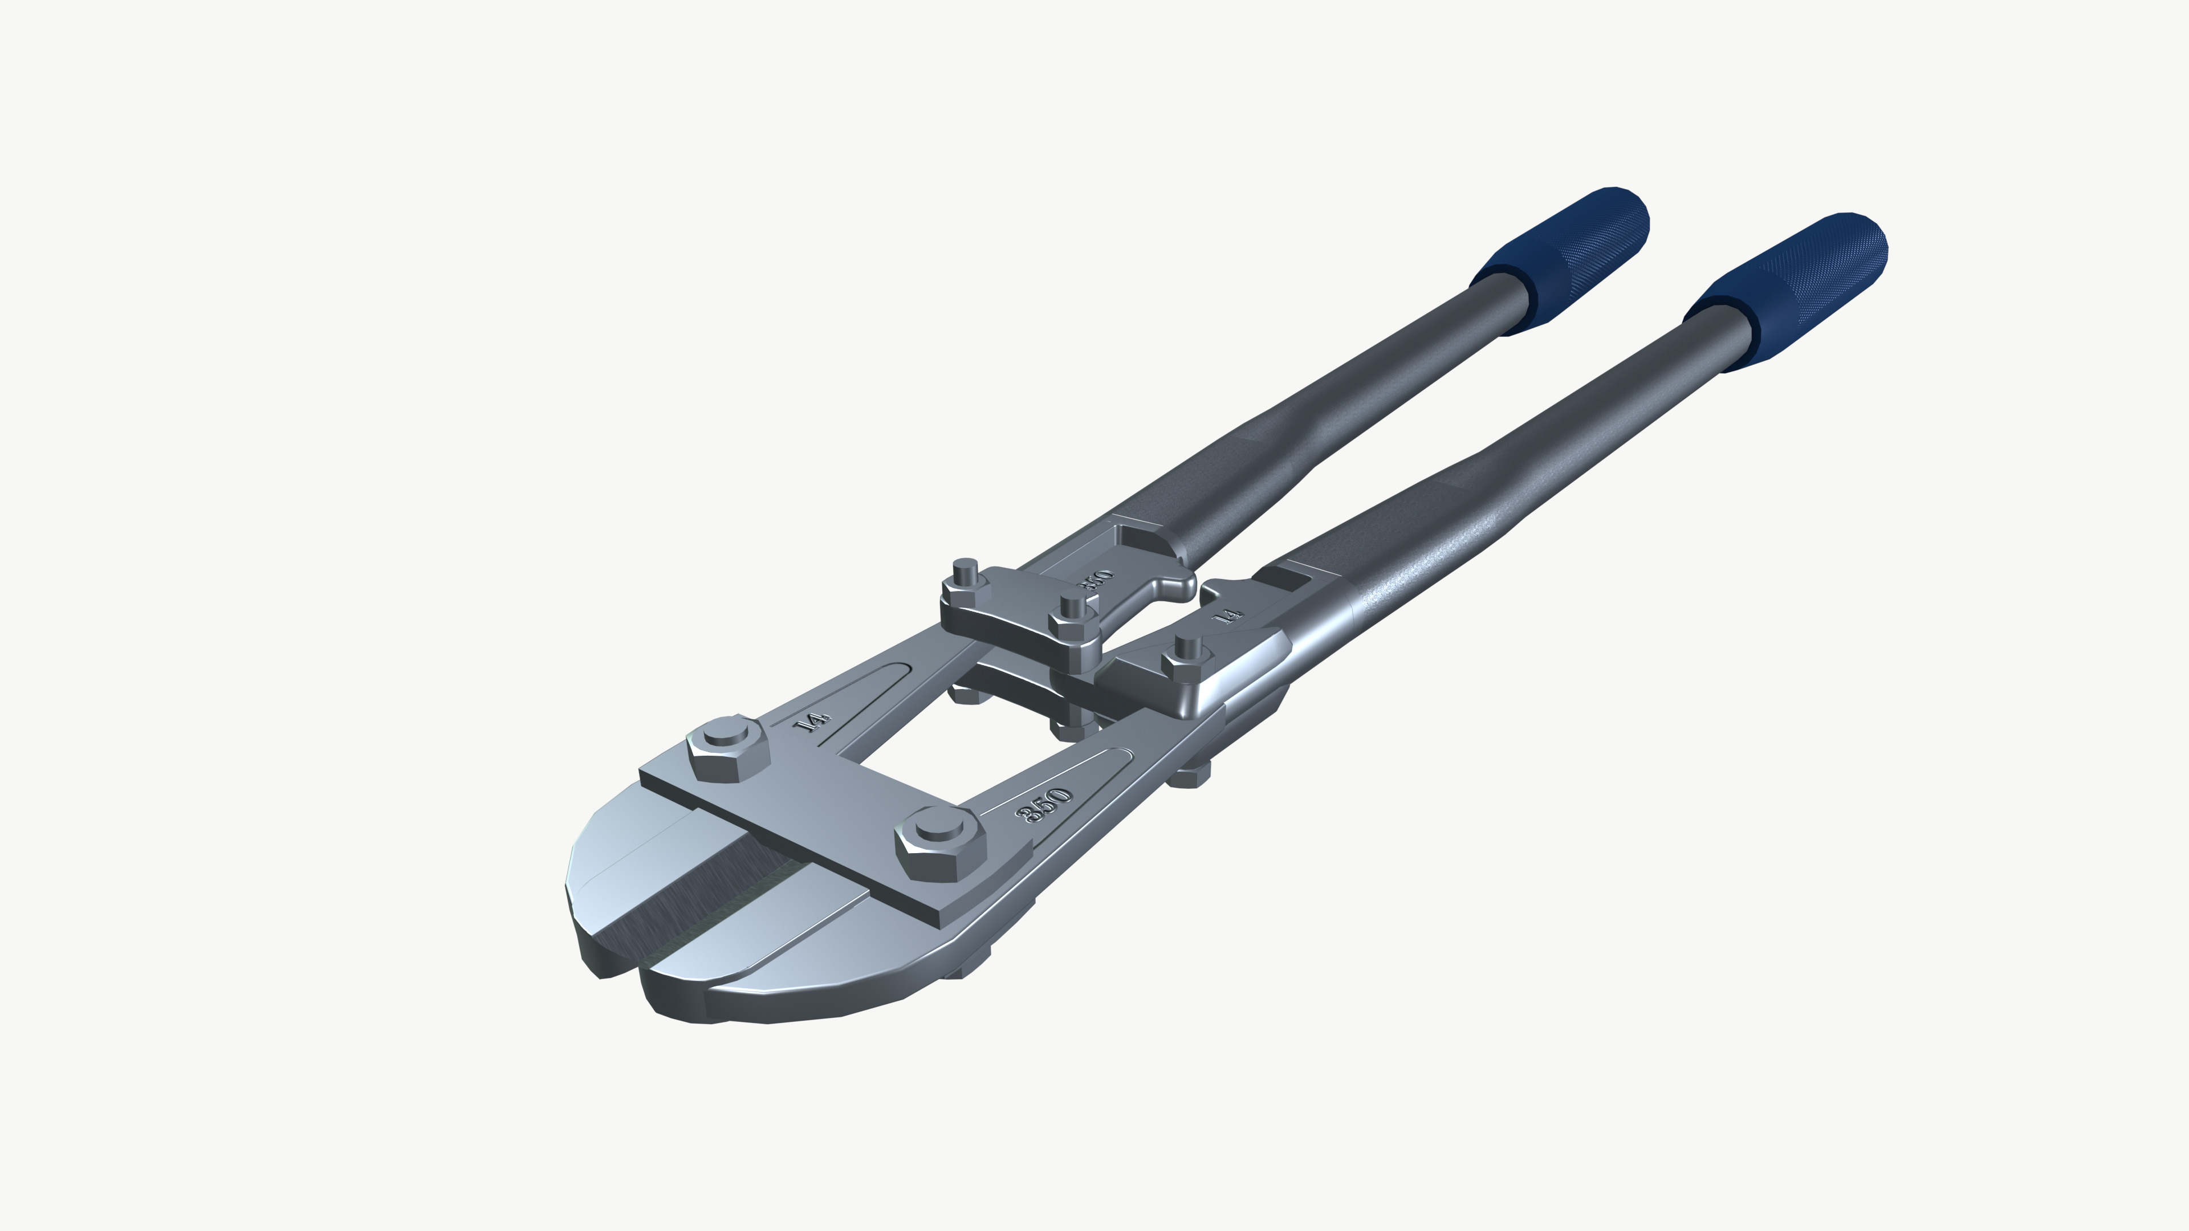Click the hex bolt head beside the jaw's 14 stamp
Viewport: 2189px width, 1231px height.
(x=727, y=748)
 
